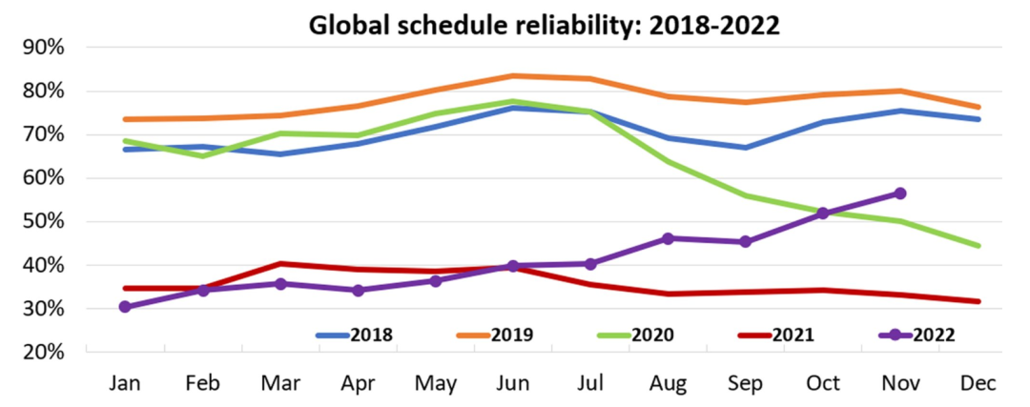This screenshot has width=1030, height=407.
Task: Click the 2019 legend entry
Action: pos(498,335)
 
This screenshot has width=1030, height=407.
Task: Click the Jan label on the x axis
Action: pos(125,383)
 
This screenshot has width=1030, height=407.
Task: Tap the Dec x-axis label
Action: pos(978,383)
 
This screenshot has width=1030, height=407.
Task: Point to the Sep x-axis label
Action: pos(746,383)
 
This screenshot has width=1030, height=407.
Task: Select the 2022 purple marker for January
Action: pos(125,307)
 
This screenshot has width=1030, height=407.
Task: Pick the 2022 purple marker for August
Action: pos(668,238)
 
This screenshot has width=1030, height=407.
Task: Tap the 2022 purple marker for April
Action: pos(359,290)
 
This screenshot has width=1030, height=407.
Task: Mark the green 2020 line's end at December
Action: pos(978,246)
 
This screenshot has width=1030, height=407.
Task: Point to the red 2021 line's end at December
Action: pos(978,302)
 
